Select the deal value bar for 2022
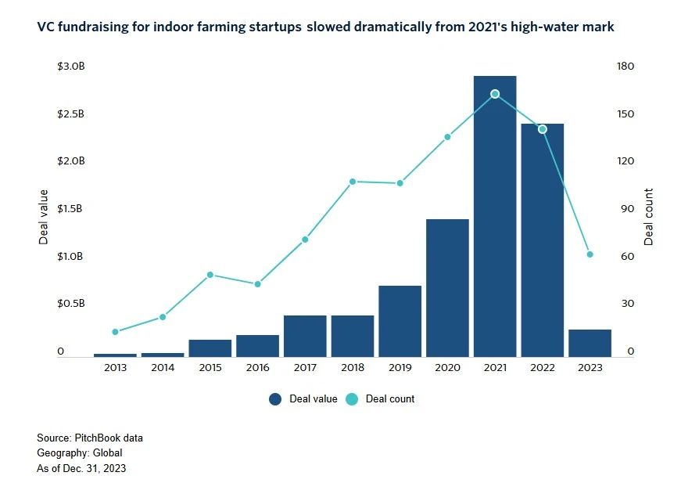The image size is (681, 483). click(542, 243)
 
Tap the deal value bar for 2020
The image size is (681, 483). click(447, 290)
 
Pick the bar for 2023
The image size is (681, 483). click(590, 344)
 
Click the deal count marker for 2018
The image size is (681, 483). click(353, 182)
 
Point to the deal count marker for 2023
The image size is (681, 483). click(590, 254)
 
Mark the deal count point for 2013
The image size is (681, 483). click(115, 332)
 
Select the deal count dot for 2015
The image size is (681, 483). click(210, 275)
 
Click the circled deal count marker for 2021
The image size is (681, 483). click(495, 94)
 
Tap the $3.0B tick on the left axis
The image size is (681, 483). click(70, 67)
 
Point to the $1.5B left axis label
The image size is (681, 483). click(70, 209)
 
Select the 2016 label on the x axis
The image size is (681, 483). click(257, 368)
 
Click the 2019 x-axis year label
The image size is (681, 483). click(400, 368)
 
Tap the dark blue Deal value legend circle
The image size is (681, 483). click(275, 399)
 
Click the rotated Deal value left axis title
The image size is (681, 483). click(44, 217)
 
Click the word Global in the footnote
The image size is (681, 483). click(107, 453)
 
